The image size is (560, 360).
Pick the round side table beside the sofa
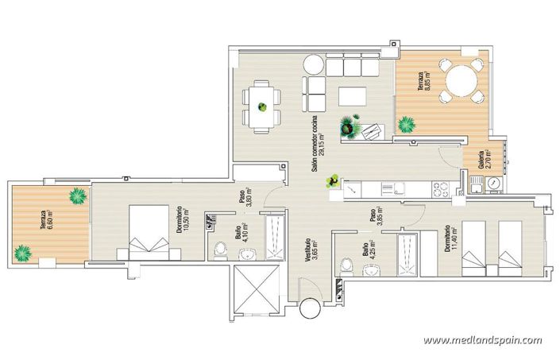coord(312,64)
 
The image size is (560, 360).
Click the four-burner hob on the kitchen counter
coord(440,188)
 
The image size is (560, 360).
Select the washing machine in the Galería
coord(494,184)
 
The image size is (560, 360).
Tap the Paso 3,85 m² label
coord(374,215)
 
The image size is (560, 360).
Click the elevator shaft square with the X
coord(257,292)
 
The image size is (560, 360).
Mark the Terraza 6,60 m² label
coord(45,219)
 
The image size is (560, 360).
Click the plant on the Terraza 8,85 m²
coord(407,124)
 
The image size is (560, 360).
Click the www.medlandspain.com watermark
coord(482,340)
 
